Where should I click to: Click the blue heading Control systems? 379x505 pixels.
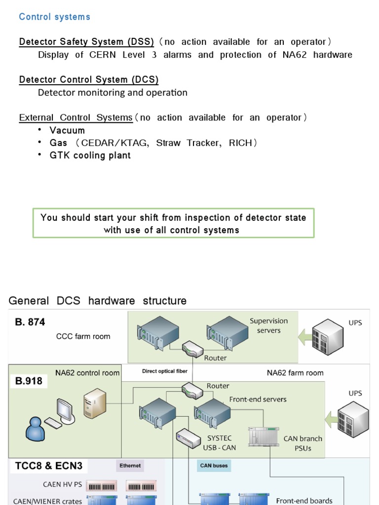pos(54,17)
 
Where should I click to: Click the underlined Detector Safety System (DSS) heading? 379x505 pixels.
pos(86,42)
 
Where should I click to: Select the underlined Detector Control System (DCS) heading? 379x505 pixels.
pos(89,79)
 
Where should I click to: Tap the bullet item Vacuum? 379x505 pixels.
pos(67,130)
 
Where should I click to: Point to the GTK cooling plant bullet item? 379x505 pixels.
pos(90,155)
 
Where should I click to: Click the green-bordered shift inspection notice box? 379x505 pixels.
pos(173,223)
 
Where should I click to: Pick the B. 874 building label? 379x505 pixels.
pos(30,322)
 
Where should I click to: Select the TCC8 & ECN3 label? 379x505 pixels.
pos(49,466)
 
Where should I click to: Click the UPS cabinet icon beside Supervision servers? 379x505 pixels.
pos(329,337)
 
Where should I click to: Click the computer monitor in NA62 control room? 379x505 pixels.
pos(65,408)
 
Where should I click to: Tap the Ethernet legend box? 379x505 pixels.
pos(130,466)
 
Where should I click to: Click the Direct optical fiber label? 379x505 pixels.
pos(165,371)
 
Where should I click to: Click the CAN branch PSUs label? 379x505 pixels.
pos(303,443)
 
